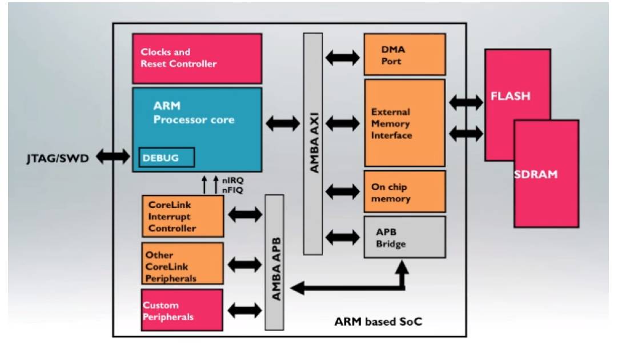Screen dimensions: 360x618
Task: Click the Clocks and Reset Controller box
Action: [x=197, y=58]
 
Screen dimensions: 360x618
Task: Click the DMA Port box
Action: [x=404, y=54]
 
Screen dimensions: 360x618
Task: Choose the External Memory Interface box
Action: [x=404, y=123]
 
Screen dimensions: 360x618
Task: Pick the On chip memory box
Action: [x=404, y=192]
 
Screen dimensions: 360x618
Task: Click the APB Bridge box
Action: [x=404, y=237]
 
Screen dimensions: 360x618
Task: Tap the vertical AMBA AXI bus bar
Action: [x=313, y=143]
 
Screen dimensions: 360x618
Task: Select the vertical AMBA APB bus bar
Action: [x=275, y=262]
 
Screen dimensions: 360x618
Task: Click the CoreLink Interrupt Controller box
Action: [x=182, y=217]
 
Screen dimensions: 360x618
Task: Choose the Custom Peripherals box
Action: [x=174, y=310]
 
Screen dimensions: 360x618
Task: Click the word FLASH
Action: [x=510, y=96]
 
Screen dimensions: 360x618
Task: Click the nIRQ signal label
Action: [x=232, y=181]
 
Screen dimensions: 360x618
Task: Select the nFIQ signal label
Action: [x=232, y=190]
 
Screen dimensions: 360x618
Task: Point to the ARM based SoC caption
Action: [x=378, y=321]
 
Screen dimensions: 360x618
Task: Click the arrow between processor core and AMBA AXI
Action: [x=282, y=122]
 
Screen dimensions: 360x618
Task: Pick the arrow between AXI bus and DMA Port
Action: [x=343, y=57]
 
